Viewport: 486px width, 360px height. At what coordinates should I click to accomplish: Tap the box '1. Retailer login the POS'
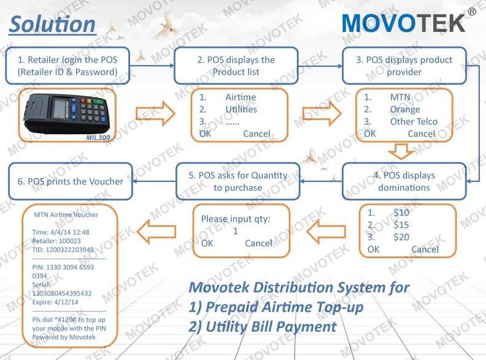[x=67, y=66]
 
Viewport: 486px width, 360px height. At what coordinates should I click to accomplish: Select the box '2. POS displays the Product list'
[x=236, y=66]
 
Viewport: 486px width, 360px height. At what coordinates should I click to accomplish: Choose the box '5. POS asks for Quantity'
[x=237, y=181]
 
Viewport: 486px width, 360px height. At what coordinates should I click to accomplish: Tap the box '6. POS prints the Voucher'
[x=71, y=181]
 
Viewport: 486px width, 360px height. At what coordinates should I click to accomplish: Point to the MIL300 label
[x=98, y=137]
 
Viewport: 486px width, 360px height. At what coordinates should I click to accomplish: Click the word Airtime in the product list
[x=241, y=98]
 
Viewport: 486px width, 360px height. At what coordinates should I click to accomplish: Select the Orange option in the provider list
[x=405, y=109]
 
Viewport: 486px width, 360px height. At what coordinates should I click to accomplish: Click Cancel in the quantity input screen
[x=258, y=243]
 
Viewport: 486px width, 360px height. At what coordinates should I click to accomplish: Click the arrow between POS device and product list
[x=155, y=114]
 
